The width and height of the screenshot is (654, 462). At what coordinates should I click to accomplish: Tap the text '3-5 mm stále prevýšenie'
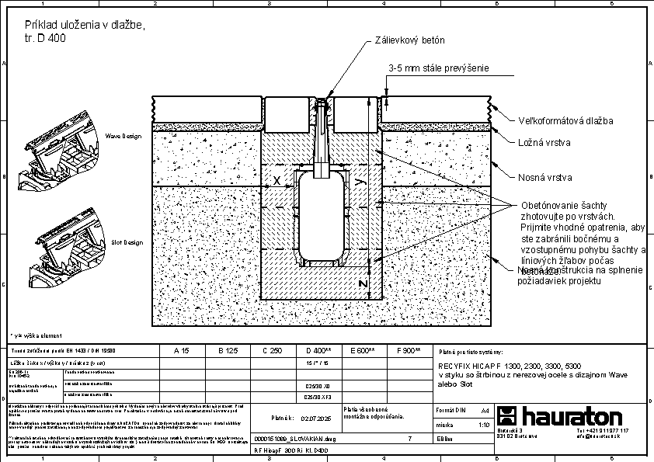[x=439, y=68]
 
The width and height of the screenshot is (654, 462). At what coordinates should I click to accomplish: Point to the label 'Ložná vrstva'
[x=544, y=142]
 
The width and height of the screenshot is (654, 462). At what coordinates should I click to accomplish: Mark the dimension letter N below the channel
[x=363, y=284]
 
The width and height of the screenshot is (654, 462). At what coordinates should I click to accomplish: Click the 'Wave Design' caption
[x=123, y=137]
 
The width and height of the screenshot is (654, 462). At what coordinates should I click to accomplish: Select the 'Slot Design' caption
[x=127, y=242]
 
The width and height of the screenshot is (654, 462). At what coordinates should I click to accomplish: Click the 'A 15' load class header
[x=181, y=351]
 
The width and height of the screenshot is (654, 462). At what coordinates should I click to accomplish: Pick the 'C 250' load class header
[x=272, y=351]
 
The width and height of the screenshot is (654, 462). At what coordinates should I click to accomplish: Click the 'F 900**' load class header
[x=409, y=351]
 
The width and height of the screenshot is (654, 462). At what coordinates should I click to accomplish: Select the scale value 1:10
[x=482, y=425]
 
